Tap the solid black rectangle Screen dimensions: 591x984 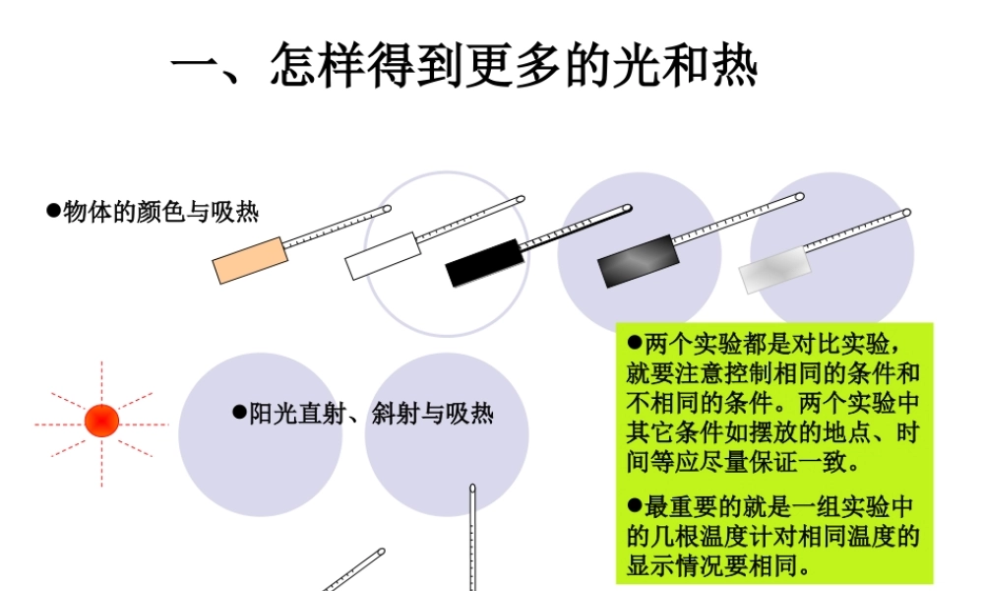point(483,262)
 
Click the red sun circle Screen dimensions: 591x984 point(101,421)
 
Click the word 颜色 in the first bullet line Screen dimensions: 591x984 point(154,211)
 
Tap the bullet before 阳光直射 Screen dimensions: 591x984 point(238,413)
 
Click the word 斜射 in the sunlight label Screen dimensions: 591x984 point(392,414)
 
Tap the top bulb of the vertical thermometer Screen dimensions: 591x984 point(473,488)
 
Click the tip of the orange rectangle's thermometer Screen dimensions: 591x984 point(387,209)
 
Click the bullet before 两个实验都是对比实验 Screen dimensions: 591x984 point(635,345)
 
